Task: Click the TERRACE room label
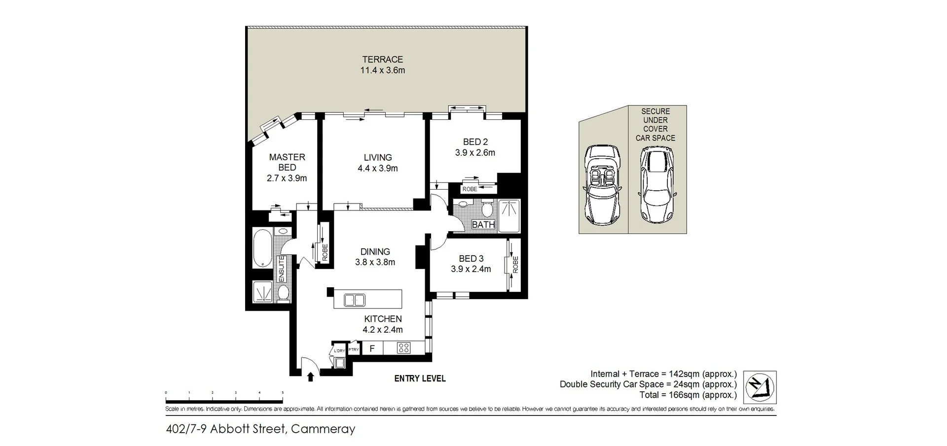382,60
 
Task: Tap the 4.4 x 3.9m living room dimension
377,169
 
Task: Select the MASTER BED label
287,162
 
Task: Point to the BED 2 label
475,142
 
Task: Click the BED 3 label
471,259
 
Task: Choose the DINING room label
375,252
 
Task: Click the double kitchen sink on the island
354,300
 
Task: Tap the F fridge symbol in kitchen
372,349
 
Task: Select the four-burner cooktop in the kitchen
403,348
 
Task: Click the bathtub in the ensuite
261,248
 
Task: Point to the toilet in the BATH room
487,209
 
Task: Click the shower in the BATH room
509,215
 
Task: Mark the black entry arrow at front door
310,377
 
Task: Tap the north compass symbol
760,387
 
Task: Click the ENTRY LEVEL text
420,378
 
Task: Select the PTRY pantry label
354,349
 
